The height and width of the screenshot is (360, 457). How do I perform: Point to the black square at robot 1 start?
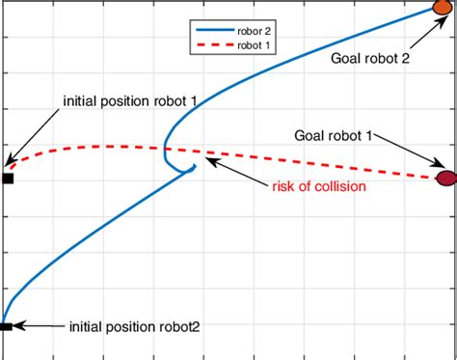coord(7,178)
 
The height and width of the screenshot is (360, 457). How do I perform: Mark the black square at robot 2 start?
coord(6,327)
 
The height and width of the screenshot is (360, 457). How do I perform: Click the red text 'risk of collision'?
coord(318,186)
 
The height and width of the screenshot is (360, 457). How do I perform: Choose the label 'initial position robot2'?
coord(135,327)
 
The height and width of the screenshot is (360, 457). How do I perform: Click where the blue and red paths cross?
coord(165,148)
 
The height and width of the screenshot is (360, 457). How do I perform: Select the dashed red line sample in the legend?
coord(205,44)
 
